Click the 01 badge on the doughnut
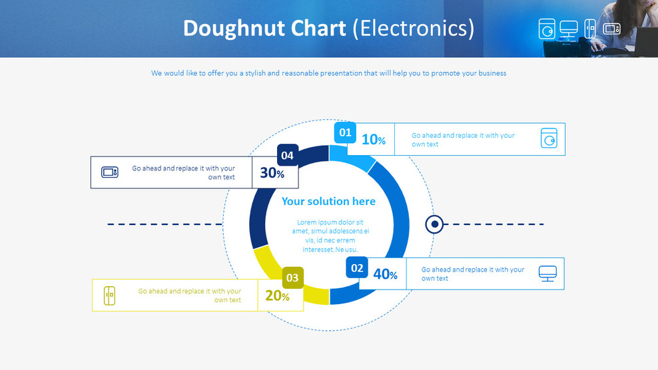click(344, 133)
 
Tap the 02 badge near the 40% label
click(357, 268)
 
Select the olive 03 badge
click(292, 277)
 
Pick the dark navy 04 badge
click(287, 155)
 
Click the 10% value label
click(373, 140)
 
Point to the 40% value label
click(385, 274)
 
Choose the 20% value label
click(277, 296)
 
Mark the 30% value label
click(272, 173)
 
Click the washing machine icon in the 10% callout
click(549, 139)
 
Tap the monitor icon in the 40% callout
click(547, 274)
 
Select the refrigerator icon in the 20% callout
click(109, 295)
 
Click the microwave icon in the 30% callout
click(109, 172)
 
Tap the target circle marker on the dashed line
click(434, 224)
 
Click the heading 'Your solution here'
click(328, 201)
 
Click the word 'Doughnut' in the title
click(264, 29)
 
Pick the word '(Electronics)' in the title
click(413, 29)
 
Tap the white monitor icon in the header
click(569, 29)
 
